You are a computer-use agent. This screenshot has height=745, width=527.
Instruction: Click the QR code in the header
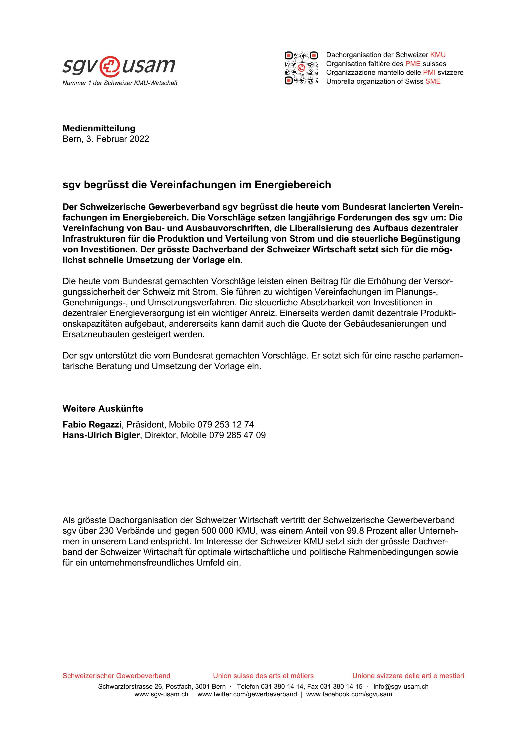[301, 68]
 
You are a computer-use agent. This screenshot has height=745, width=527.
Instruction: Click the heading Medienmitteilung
[99, 128]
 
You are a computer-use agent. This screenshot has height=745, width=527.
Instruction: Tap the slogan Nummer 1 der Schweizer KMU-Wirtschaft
[120, 83]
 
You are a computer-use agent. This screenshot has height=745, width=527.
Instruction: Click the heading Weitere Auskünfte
[103, 409]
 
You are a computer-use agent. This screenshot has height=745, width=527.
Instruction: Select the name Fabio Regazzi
[92, 424]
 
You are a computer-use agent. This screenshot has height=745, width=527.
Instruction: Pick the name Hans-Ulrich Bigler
[101, 435]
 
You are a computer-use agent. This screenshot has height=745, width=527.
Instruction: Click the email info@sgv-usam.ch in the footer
[401, 687]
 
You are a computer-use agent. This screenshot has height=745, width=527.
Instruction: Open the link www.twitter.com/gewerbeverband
[247, 694]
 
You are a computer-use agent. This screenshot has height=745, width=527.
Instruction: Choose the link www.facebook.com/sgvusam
[349, 694]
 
